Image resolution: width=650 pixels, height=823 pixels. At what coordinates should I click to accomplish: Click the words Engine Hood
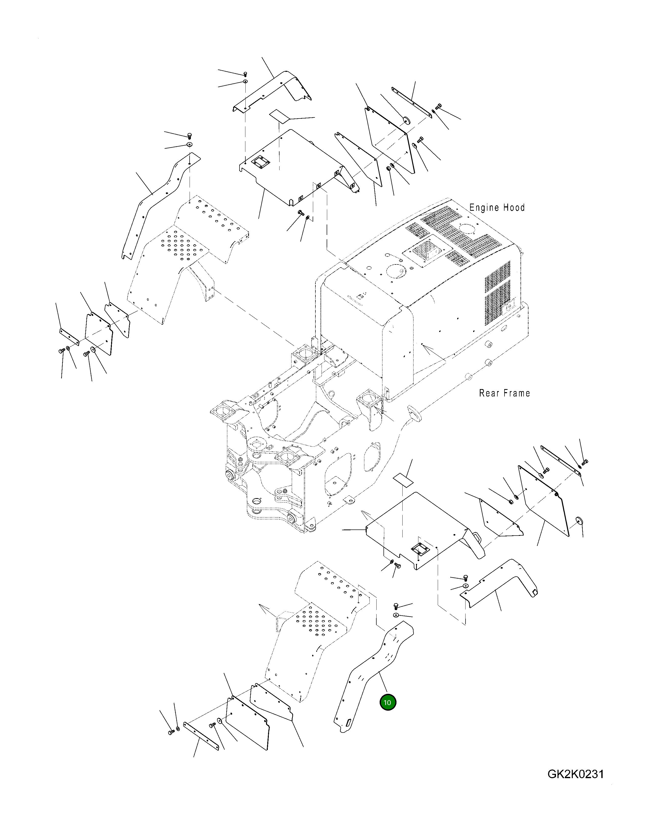point(497,207)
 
